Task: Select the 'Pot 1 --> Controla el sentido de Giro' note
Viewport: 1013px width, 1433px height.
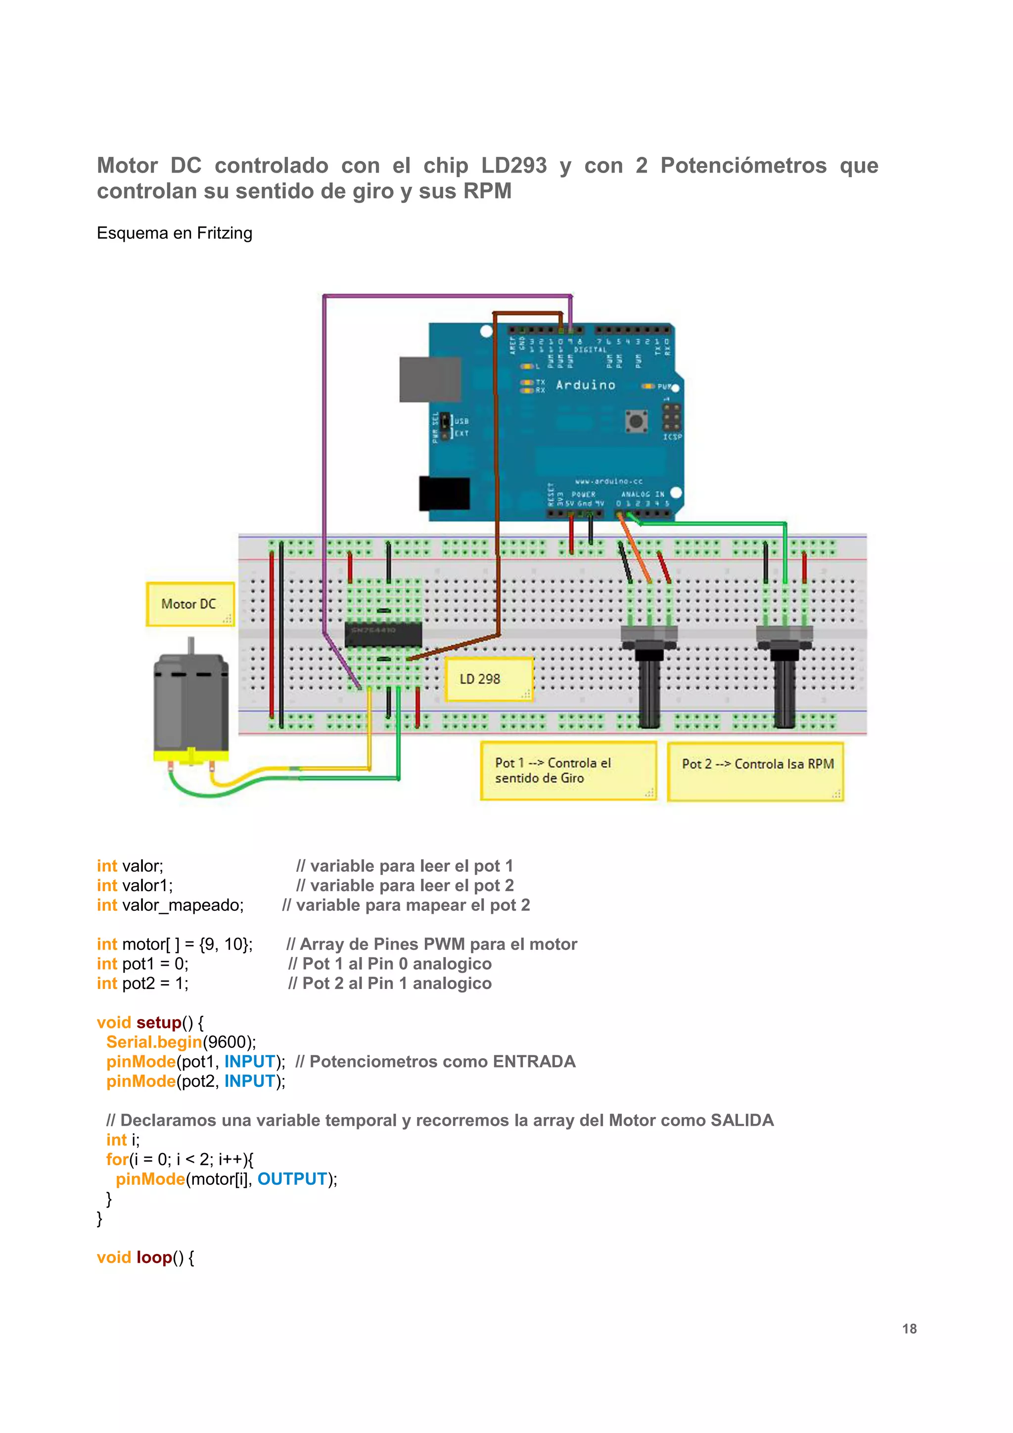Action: pyautogui.click(x=567, y=770)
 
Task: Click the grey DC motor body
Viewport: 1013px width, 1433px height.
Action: pyautogui.click(x=190, y=702)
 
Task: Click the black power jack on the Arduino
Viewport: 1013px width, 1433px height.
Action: pyautogui.click(x=444, y=493)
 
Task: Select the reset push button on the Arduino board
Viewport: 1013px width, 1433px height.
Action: pyautogui.click(x=636, y=421)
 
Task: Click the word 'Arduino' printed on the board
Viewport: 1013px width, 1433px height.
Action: pyautogui.click(x=586, y=385)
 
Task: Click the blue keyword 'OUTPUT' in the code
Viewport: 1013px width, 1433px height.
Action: pyautogui.click(x=292, y=1178)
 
